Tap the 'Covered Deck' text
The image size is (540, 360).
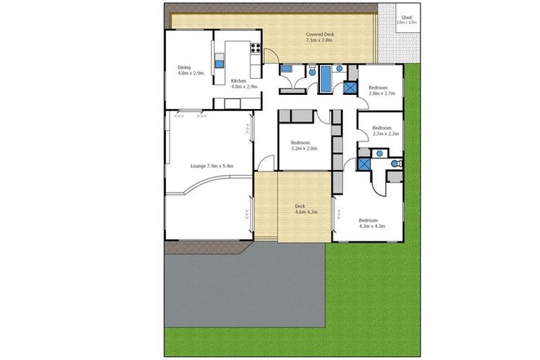pyautogui.click(x=319, y=37)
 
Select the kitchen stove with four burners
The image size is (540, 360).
pyautogui.click(x=255, y=49)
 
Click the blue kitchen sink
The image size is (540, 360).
pyautogui.click(x=219, y=63)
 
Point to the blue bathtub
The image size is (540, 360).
pyautogui.click(x=326, y=79)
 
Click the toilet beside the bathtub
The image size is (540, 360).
pyautogui.click(x=311, y=70)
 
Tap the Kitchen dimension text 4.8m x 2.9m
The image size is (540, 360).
pyautogui.click(x=244, y=86)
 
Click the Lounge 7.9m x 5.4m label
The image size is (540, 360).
pyautogui.click(x=211, y=166)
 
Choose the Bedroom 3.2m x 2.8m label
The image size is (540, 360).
pyautogui.click(x=304, y=146)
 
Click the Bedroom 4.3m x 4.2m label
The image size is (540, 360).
pyautogui.click(x=372, y=222)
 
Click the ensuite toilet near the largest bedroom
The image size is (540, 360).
pyautogui.click(x=395, y=163)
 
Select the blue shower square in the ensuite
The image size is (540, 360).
pyautogui.click(x=364, y=164)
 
